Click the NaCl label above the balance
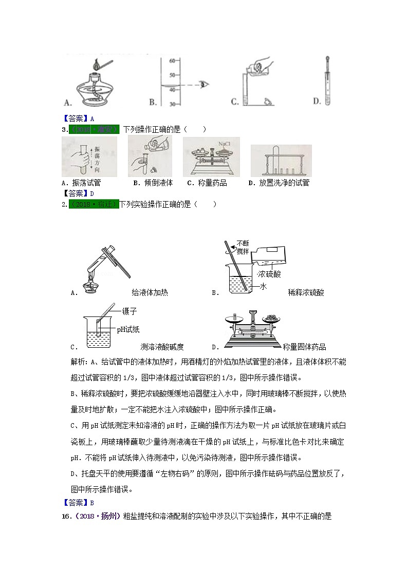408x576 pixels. pyautogui.click(x=226, y=144)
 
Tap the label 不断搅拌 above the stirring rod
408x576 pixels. pyautogui.click(x=243, y=247)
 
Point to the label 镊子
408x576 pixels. pyautogui.click(x=129, y=311)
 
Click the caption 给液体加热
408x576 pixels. pyautogui.click(x=150, y=292)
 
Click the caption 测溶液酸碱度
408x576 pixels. pyautogui.click(x=162, y=346)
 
